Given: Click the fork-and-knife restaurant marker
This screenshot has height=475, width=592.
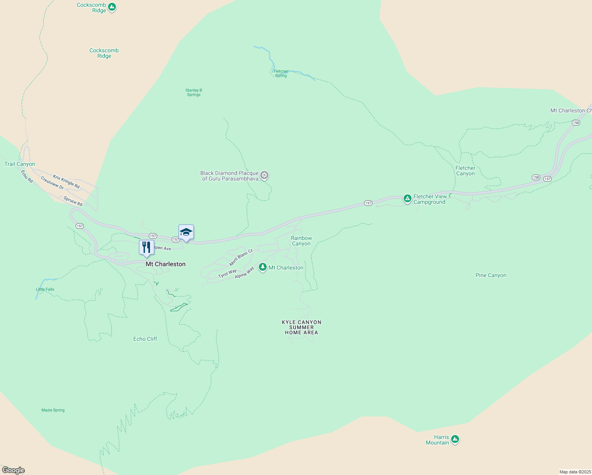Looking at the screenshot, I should pyautogui.click(x=146, y=247).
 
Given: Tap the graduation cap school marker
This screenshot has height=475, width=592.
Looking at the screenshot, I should pyautogui.click(x=186, y=232).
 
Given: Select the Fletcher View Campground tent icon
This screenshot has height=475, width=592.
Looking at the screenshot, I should pyautogui.click(x=407, y=198).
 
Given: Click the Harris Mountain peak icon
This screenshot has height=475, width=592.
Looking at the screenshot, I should pyautogui.click(x=455, y=439).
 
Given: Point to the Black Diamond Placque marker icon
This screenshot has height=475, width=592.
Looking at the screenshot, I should pyautogui.click(x=264, y=175).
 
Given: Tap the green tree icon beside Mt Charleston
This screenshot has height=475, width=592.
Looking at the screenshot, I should pyautogui.click(x=262, y=267).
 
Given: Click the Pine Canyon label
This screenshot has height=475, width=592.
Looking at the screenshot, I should pyautogui.click(x=491, y=275).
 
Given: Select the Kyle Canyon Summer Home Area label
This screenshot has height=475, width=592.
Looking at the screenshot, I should pyautogui.click(x=302, y=327).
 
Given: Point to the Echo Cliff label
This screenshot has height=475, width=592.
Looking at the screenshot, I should pyautogui.click(x=145, y=339).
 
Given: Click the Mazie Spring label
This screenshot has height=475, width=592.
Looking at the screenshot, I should pyautogui.click(x=53, y=410).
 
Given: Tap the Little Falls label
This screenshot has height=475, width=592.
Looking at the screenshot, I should pyautogui.click(x=45, y=289).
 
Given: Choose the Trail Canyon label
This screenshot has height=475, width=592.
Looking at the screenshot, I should pyautogui.click(x=20, y=164).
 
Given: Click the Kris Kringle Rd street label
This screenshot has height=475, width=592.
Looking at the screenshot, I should pyautogui.click(x=66, y=182).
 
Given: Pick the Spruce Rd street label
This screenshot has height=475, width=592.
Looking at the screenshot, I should pyautogui.click(x=73, y=201).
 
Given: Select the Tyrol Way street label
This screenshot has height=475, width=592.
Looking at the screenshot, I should pyautogui.click(x=227, y=274).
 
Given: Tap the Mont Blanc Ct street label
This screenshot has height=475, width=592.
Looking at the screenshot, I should pyautogui.click(x=241, y=258).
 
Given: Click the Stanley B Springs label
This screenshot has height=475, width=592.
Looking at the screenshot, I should pyautogui.click(x=194, y=92).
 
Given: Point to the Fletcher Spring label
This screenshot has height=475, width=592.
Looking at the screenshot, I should pyautogui.click(x=281, y=74).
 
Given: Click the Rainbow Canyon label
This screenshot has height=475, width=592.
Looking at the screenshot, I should pyautogui.click(x=302, y=241).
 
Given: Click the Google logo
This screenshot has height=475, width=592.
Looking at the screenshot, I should pyautogui.click(x=13, y=470).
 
